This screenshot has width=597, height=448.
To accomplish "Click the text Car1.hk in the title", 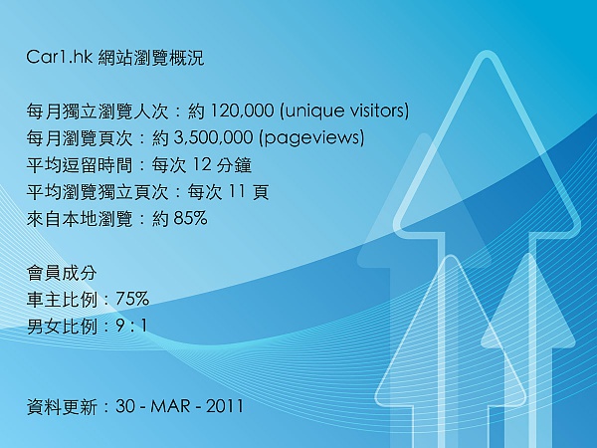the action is point(59,57).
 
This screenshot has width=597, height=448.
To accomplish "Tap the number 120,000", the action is point(242,111).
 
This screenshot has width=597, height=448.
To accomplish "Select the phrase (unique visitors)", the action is point(344,111).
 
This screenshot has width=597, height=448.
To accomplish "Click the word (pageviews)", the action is point(311,138).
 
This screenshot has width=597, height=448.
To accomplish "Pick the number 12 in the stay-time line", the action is point(201,164).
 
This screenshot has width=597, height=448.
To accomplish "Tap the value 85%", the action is point(190,218).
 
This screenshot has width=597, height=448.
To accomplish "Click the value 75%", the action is point(132,299).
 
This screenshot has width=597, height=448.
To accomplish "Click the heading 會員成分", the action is point(62,273).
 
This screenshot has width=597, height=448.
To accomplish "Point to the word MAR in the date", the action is point(170,406).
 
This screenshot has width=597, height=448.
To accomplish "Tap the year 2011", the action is point(224,406).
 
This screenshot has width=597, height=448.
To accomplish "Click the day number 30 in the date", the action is point(125,406).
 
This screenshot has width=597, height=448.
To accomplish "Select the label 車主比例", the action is point(62,299).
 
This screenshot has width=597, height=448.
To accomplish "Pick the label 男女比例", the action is point(62,327).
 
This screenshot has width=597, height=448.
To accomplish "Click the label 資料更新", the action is point(62,406).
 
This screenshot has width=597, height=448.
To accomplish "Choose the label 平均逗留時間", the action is point(80,165).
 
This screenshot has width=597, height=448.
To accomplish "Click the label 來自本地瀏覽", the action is point(80,219).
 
